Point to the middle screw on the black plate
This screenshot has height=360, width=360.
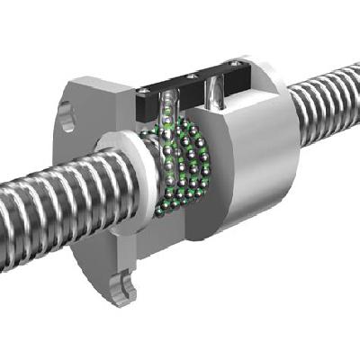coord(191,76)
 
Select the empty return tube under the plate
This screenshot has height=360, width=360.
coord(216,94)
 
